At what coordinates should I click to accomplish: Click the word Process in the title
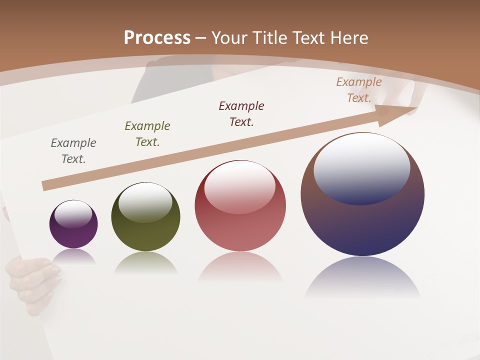(x=157, y=38)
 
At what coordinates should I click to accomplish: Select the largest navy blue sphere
(x=362, y=225)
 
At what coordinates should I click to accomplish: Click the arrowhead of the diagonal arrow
(x=397, y=114)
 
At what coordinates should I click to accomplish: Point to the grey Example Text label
(x=73, y=151)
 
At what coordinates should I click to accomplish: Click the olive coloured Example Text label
(x=147, y=134)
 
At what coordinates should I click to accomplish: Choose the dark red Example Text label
(x=241, y=114)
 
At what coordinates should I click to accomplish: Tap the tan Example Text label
(x=359, y=90)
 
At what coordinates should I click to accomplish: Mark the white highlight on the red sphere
(x=239, y=186)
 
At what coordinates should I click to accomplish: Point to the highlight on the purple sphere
(x=73, y=214)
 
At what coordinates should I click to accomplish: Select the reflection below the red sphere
(x=240, y=270)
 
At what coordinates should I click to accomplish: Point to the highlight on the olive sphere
(x=145, y=201)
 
